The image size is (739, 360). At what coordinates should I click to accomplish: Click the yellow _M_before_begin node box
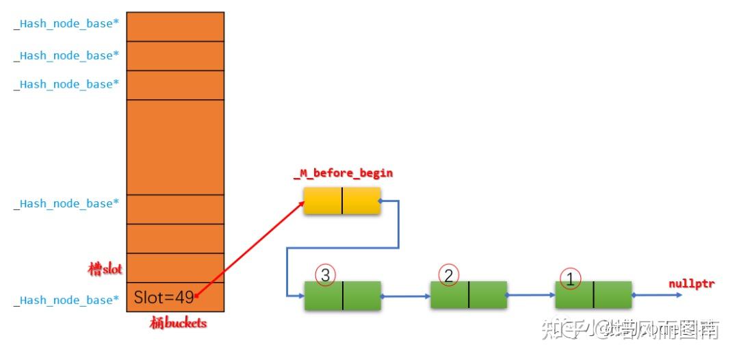click(342, 201)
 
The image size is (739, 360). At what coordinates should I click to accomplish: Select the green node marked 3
click(342, 295)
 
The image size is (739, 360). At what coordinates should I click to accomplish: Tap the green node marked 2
click(469, 294)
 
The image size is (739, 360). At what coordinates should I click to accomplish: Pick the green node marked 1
click(593, 294)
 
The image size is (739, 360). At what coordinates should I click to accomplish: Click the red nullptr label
click(691, 283)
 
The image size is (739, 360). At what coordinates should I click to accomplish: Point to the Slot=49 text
click(164, 298)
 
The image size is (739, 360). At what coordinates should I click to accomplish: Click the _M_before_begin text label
click(343, 173)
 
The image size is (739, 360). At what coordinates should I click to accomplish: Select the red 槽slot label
click(105, 268)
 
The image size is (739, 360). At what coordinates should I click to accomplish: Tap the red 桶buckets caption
click(177, 323)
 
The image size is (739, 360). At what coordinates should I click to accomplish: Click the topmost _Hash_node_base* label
click(66, 25)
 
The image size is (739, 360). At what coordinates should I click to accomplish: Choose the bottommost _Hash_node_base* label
click(66, 300)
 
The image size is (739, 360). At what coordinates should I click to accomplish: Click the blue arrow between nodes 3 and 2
click(406, 296)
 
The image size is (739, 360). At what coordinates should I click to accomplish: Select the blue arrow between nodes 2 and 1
click(531, 296)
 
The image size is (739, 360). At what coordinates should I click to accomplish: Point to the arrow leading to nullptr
click(657, 295)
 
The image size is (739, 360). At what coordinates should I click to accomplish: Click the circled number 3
click(325, 274)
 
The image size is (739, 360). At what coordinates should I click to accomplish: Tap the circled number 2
click(449, 274)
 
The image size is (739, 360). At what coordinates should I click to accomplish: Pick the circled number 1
click(570, 277)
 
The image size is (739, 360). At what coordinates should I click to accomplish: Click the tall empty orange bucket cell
click(175, 146)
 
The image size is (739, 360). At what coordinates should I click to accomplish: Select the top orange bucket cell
click(175, 26)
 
